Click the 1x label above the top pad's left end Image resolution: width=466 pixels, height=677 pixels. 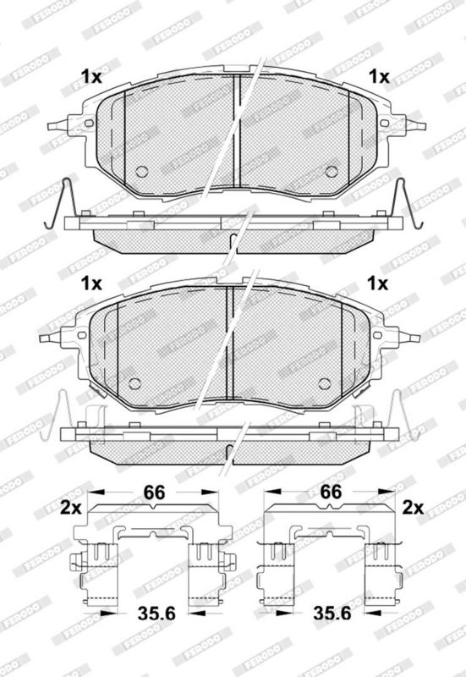91,77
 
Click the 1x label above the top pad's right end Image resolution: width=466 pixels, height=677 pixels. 379,77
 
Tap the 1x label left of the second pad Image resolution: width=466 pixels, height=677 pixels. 91,283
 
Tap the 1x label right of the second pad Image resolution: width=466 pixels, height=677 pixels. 377,283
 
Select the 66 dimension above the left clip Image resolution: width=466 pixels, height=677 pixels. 155,492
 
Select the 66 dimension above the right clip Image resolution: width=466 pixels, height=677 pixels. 331,492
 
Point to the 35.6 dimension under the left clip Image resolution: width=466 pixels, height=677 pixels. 156,613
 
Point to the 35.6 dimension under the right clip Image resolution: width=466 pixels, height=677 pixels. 332,613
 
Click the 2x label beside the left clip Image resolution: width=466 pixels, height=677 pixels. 71,509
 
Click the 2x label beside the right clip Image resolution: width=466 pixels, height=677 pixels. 413,509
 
